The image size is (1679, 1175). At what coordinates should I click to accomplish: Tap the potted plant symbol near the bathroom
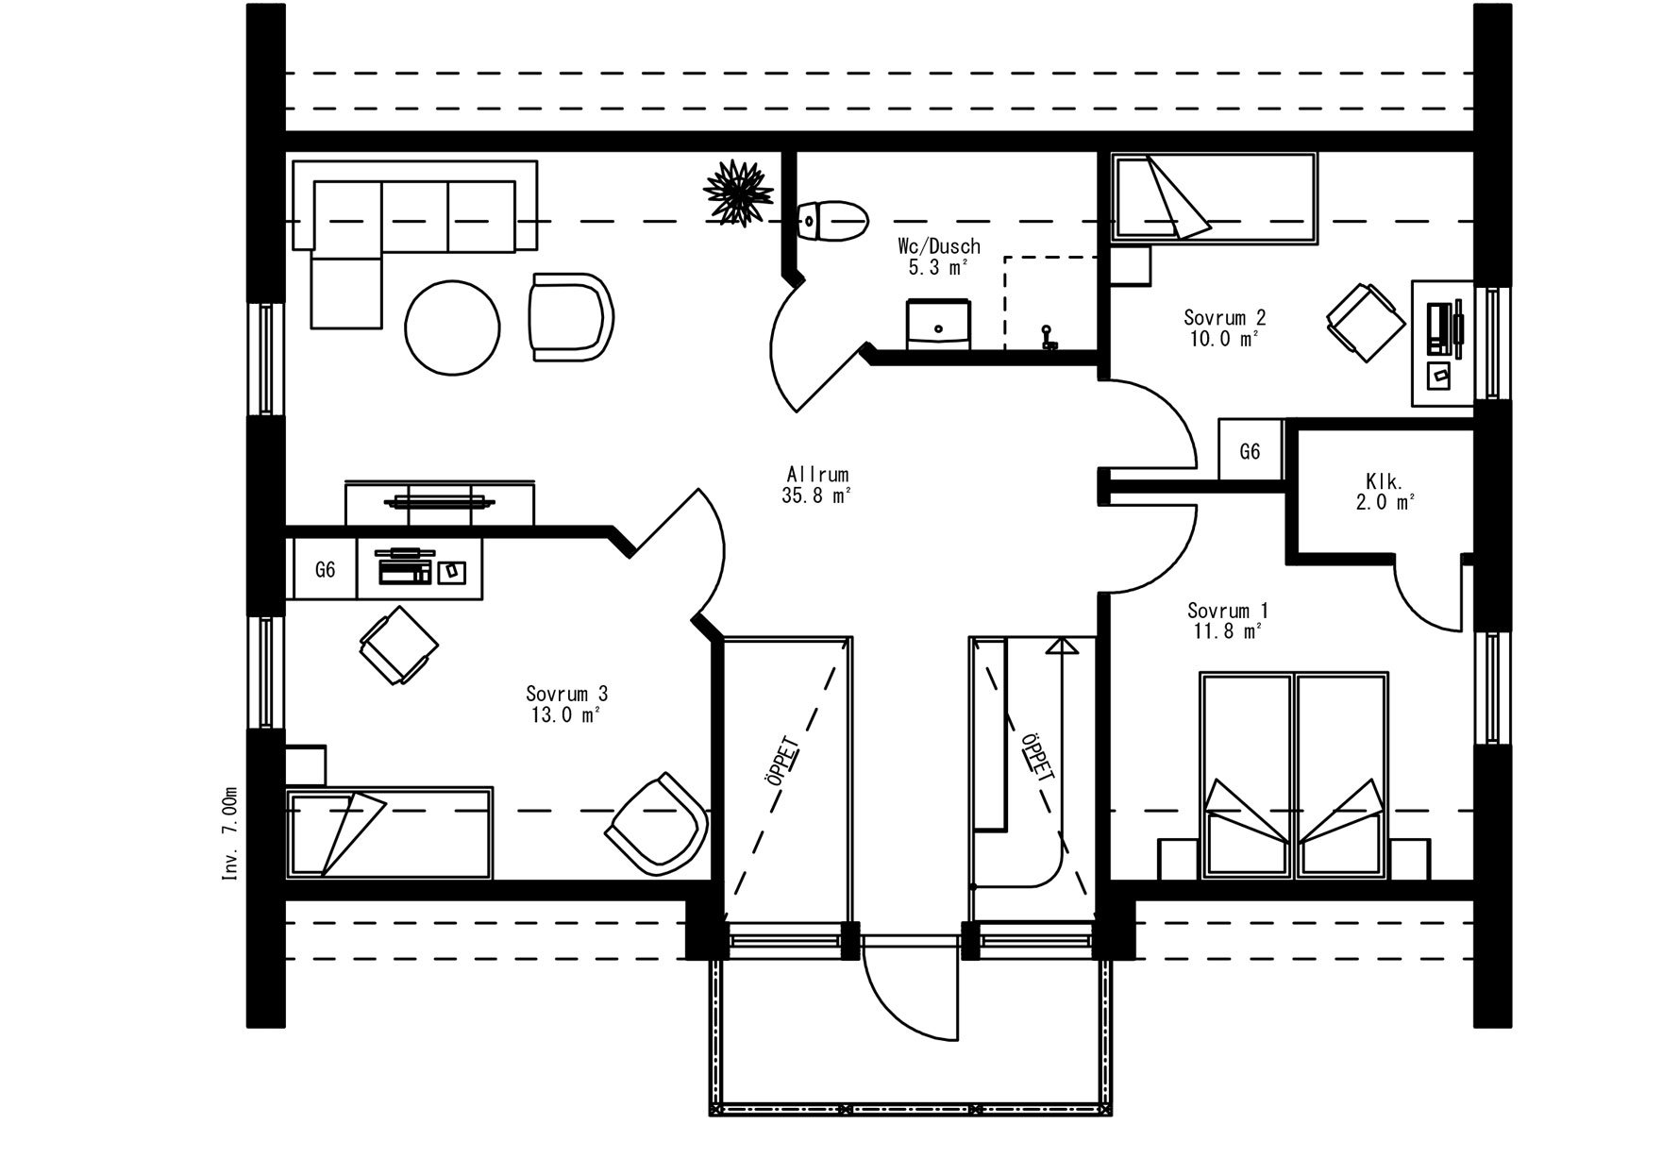coord(738,193)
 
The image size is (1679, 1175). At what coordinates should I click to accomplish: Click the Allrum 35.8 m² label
coord(816,485)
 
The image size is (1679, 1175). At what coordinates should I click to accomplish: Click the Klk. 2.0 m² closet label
coord(1385,492)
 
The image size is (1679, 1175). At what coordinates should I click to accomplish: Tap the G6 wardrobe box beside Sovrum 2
coord(1250,451)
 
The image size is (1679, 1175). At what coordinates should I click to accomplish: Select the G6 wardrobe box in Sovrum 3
coord(325,569)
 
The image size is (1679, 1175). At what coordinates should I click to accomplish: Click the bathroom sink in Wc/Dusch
coord(938,325)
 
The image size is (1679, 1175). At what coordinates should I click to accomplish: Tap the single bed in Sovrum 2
coord(1213,200)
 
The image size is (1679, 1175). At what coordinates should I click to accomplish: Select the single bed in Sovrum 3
coord(389,832)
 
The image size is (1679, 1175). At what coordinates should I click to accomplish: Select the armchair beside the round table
coord(570,316)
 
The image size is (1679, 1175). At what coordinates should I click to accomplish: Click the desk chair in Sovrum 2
coord(1366,321)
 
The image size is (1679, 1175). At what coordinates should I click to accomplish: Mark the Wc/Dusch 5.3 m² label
coord(938,257)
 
